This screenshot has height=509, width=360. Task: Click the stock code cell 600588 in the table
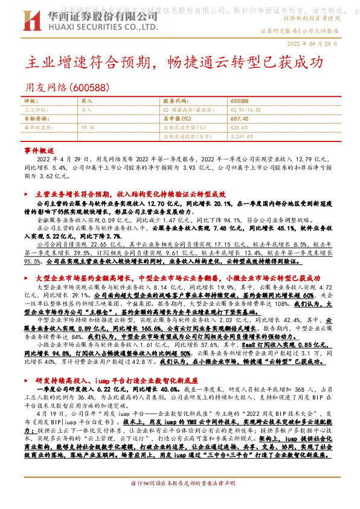pos(240,101)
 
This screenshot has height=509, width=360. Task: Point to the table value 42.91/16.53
pos(243,110)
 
